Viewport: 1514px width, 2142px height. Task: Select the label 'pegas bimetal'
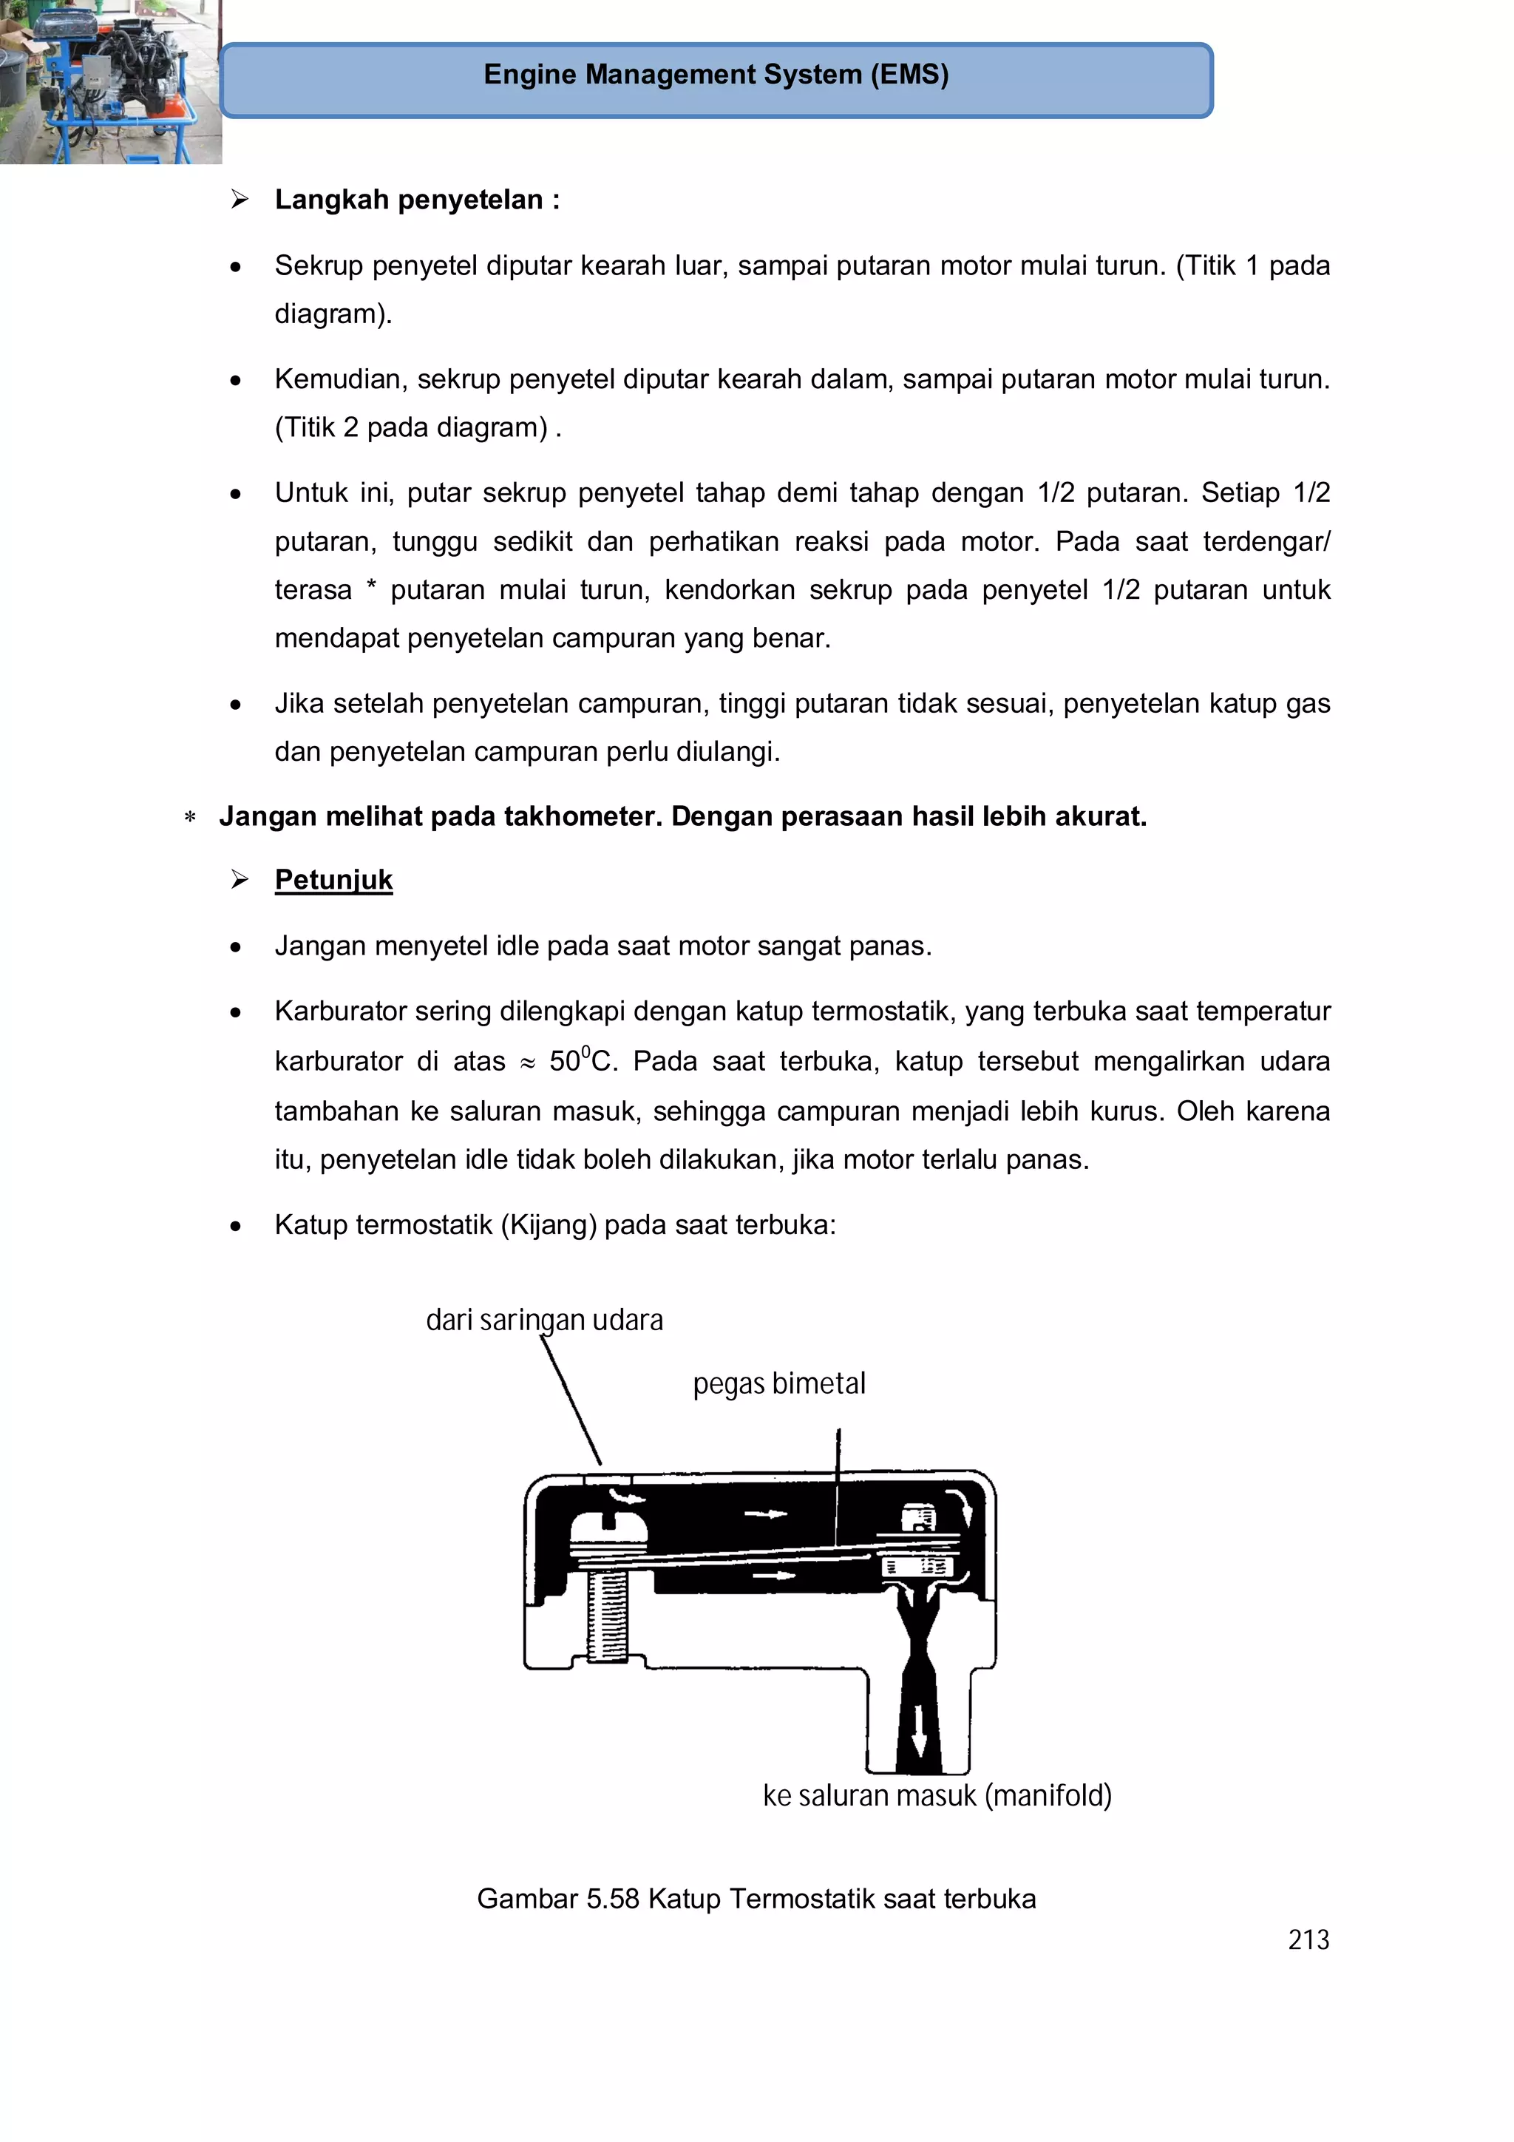coord(779,1383)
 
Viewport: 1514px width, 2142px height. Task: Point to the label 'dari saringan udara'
coord(544,1320)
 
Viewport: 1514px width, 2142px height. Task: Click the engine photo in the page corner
coord(110,81)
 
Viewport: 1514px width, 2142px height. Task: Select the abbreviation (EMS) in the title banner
coord(909,75)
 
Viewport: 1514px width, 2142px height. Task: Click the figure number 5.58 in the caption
coord(612,1899)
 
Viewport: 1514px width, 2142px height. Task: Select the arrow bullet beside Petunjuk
coord(240,880)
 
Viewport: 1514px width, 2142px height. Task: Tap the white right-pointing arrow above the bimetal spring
coord(767,1514)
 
